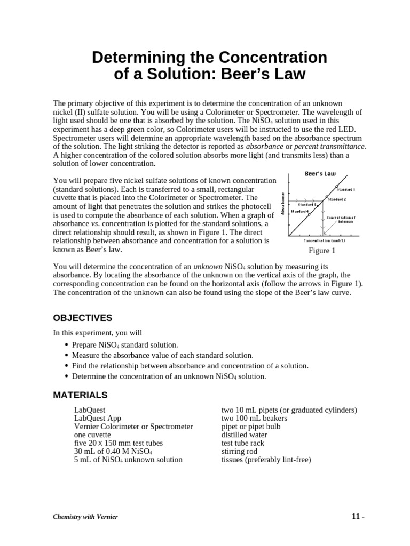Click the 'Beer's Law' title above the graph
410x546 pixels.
pyautogui.click(x=320, y=174)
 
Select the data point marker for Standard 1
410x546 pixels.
pyautogui.click(x=337, y=187)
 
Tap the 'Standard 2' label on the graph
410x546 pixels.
pyautogui.click(x=337, y=199)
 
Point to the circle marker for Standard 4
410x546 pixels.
pyautogui.click(x=309, y=214)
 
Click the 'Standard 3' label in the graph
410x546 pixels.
pyautogui.click(x=307, y=204)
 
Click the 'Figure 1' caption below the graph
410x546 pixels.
pyautogui.click(x=322, y=251)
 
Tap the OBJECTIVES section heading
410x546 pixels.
pyautogui.click(x=82, y=318)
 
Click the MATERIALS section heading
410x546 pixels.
pyautogui.click(x=80, y=395)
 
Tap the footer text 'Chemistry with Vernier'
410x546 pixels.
pyautogui.click(x=85, y=517)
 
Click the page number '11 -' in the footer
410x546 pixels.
pyautogui.click(x=357, y=517)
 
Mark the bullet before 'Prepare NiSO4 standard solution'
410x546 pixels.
pyautogui.click(x=66, y=345)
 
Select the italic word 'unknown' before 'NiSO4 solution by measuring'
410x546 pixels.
pyautogui.click(x=207, y=266)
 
